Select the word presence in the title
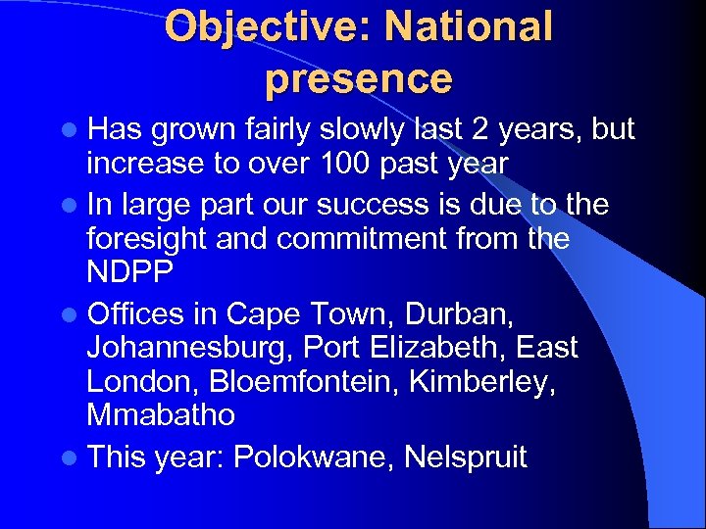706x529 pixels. (358, 78)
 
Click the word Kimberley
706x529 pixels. (478, 381)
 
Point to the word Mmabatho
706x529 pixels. (161, 414)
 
